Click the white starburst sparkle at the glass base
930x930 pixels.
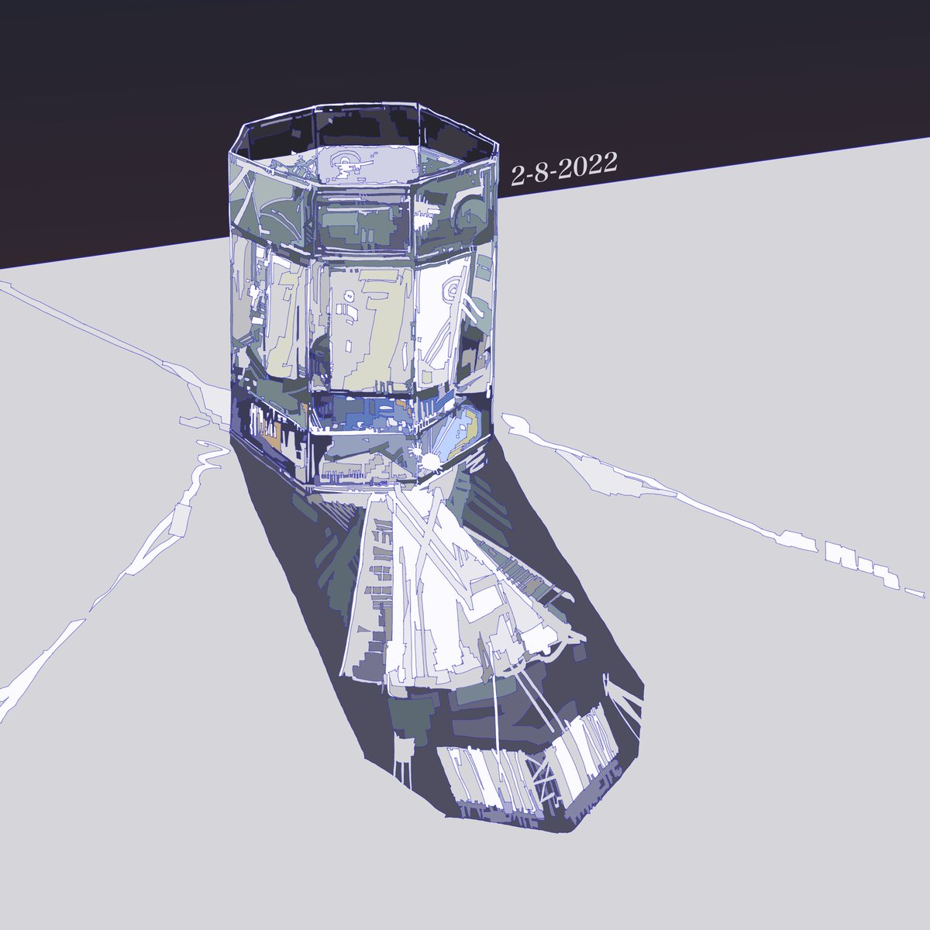click(429, 460)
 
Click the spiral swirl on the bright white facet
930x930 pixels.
click(453, 290)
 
